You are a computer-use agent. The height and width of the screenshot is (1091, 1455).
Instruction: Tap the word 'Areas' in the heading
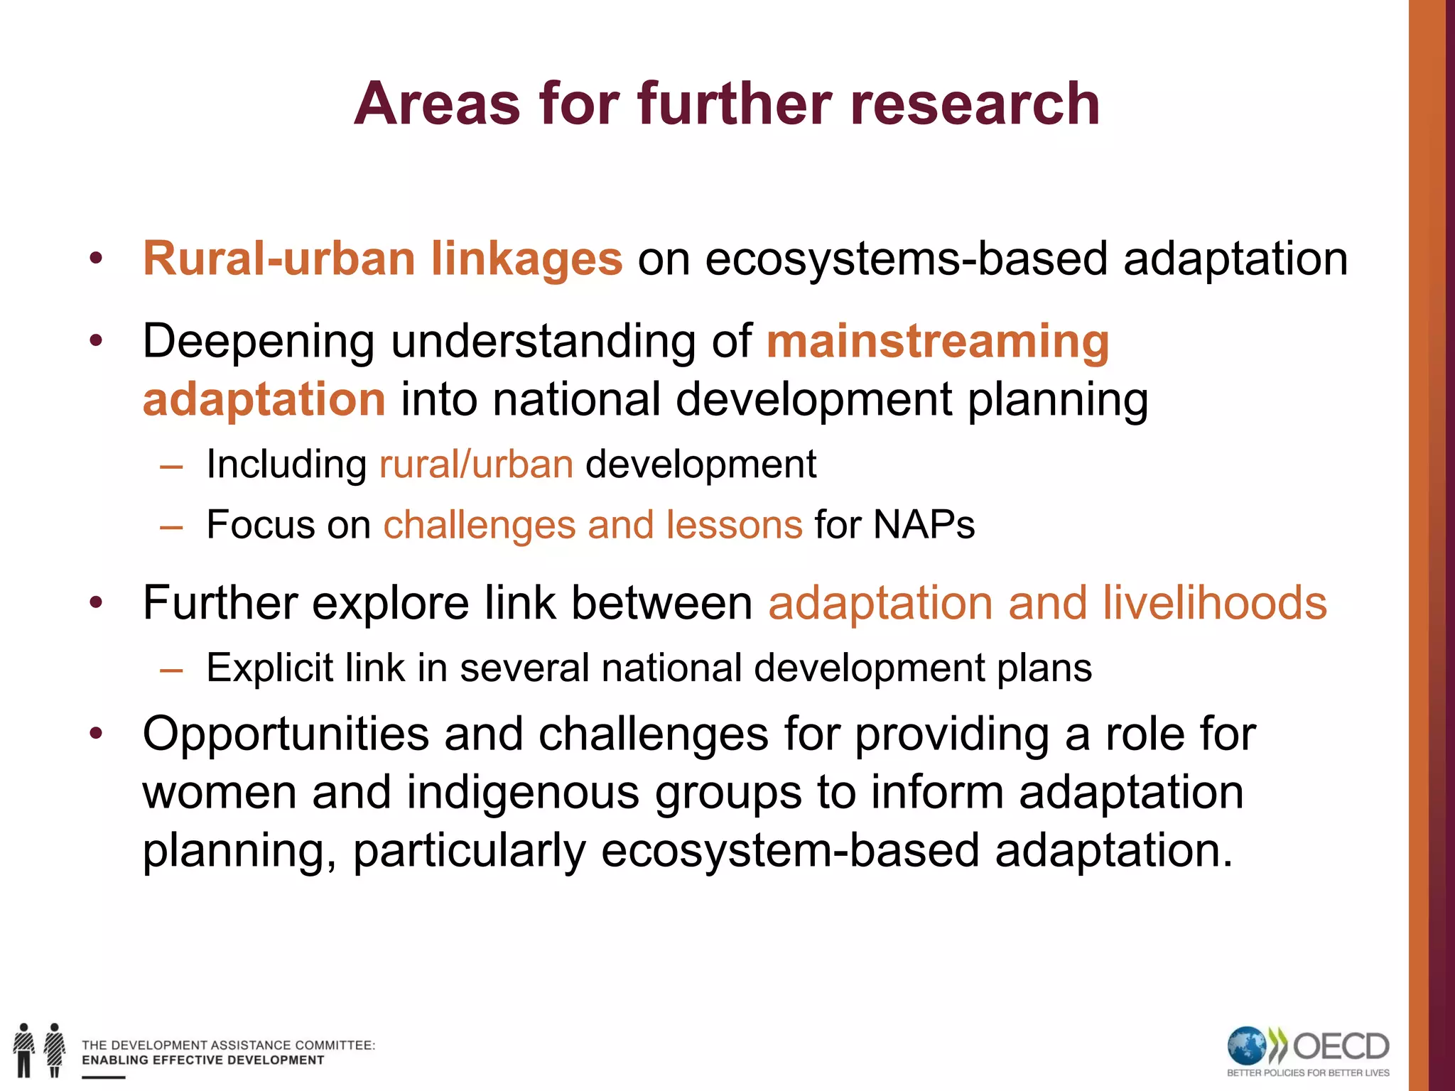point(437,104)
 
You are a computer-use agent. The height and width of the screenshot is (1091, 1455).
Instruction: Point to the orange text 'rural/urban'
point(476,465)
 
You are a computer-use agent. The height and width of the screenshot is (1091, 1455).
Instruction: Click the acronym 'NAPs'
point(924,525)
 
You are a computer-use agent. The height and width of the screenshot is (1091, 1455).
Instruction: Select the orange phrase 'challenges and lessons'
point(593,525)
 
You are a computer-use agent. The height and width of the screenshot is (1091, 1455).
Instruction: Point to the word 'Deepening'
point(259,342)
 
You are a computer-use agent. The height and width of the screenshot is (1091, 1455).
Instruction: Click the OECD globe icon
point(1247,1046)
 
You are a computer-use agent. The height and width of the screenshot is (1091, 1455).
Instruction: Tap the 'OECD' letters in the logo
point(1340,1046)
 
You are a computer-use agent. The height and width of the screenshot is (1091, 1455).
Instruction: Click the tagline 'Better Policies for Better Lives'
point(1308,1073)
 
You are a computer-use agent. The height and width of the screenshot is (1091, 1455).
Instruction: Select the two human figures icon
point(39,1049)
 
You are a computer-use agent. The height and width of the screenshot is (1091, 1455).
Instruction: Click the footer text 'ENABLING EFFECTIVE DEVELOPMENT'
point(202,1060)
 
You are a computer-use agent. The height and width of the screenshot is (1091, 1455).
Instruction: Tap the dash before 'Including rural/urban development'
point(171,467)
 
